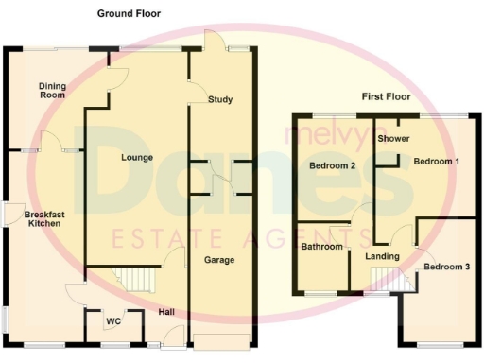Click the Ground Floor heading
click(129, 14)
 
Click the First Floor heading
click(387, 96)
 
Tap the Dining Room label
click(52, 91)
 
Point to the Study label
click(220, 99)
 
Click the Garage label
click(220, 260)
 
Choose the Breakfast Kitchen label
click(43, 219)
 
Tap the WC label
click(113, 321)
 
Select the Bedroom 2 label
click(333, 166)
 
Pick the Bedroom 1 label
click(437, 162)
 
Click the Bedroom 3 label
click(445, 268)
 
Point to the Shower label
click(392, 139)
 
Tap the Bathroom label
click(320, 248)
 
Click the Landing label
click(382, 256)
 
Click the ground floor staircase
click(137, 280)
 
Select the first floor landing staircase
click(385, 277)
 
